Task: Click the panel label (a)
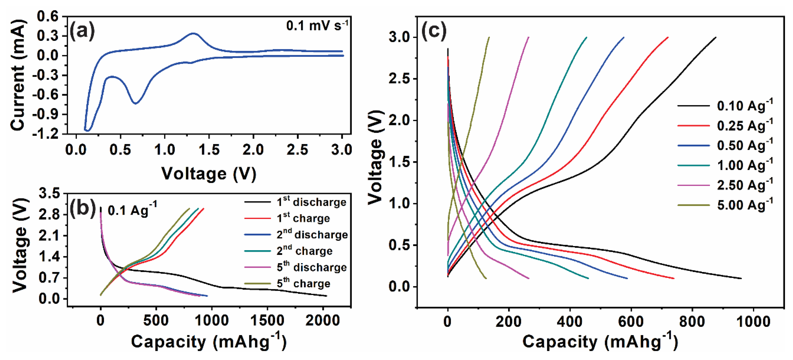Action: pyautogui.click(x=82, y=31)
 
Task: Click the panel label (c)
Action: pyautogui.click(x=433, y=31)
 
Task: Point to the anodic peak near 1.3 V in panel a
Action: pyautogui.click(x=193, y=33)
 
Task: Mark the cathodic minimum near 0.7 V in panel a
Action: pyautogui.click(x=135, y=103)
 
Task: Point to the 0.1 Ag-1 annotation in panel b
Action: pyautogui.click(x=132, y=210)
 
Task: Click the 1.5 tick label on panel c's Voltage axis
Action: pyautogui.click(x=400, y=162)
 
